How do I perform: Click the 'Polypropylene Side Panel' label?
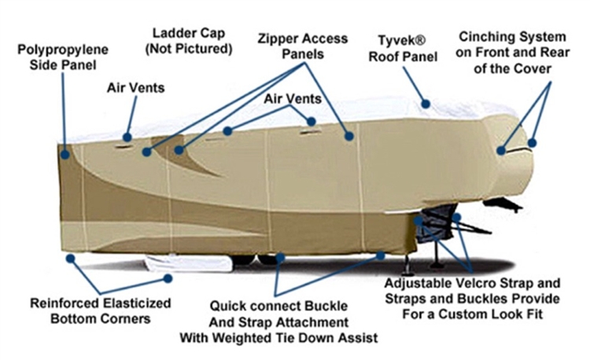(63, 57)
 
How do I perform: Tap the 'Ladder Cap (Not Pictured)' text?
(189, 41)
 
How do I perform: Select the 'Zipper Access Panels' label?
(303, 46)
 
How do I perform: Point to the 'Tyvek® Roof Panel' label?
(403, 49)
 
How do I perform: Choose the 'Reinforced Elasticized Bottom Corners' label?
(101, 310)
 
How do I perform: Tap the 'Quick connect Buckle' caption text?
(278, 306)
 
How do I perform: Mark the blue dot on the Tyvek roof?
(426, 104)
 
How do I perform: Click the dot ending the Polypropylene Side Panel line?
(65, 154)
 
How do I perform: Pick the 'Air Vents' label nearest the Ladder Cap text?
(136, 88)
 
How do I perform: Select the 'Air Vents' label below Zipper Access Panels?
(293, 99)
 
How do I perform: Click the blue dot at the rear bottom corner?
(70, 259)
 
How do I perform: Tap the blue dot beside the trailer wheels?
(280, 258)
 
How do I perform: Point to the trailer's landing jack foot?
(407, 271)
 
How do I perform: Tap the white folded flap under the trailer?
(188, 263)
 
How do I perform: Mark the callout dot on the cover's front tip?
(532, 143)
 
